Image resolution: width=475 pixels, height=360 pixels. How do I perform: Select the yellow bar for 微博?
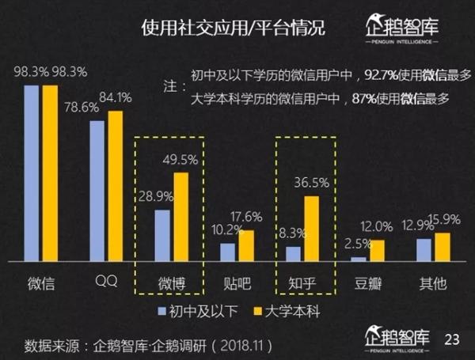tap(181, 217)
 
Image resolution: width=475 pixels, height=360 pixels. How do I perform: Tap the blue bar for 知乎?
tap(293, 254)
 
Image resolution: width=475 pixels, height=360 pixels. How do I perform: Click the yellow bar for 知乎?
tap(312, 229)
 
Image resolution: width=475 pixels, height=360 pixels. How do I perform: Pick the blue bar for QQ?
tap(97, 191)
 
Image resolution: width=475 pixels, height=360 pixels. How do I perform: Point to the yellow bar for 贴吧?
tap(246, 245)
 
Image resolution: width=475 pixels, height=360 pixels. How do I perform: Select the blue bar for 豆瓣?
tap(359, 259)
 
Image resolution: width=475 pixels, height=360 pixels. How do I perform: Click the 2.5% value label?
tap(355, 244)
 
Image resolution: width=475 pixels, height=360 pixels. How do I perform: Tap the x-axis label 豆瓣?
tap(369, 282)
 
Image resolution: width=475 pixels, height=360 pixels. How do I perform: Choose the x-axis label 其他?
tap(432, 282)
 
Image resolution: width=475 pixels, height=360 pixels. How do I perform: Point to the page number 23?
tap(452, 340)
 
